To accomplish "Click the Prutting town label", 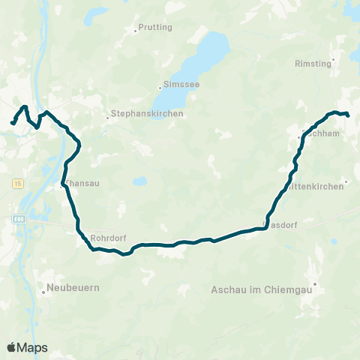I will click(155, 28).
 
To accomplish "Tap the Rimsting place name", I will click(313, 64).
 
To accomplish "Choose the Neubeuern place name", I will click(73, 287).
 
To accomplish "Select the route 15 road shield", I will click(16, 182).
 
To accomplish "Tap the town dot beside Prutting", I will click(135, 31).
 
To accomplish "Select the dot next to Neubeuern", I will click(43, 292).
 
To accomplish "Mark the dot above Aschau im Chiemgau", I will click(316, 283).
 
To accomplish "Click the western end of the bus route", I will click(12, 122).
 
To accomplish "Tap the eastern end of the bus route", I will click(348, 115).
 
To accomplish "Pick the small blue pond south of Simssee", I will click(139, 181).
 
